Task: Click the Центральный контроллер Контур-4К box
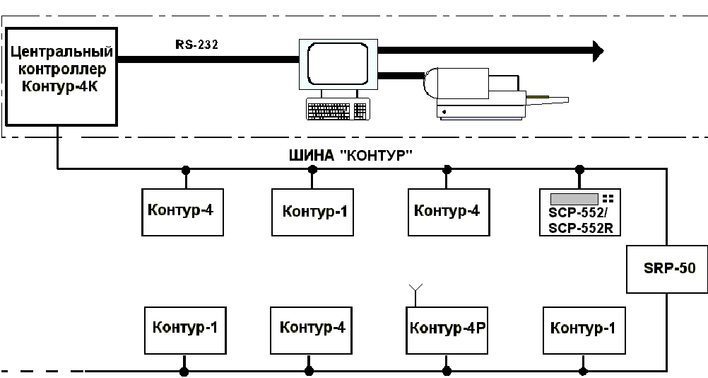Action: (61, 76)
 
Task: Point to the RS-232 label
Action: (197, 45)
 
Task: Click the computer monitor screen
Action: (338, 64)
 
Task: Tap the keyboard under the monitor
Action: (338, 109)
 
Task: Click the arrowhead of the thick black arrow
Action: (598, 51)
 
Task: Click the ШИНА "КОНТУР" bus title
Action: (351, 156)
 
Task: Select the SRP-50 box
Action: (667, 269)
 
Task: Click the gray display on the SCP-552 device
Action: (574, 199)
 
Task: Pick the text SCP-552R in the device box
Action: (581, 228)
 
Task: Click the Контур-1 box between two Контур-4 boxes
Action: (312, 212)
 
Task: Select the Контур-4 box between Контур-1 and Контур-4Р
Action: (311, 330)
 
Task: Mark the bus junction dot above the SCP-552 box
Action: (580, 170)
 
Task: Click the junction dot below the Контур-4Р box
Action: (447, 372)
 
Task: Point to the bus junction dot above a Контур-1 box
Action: (312, 170)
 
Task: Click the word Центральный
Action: (61, 52)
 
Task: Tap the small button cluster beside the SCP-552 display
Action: (608, 198)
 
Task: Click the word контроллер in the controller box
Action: (62, 69)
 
